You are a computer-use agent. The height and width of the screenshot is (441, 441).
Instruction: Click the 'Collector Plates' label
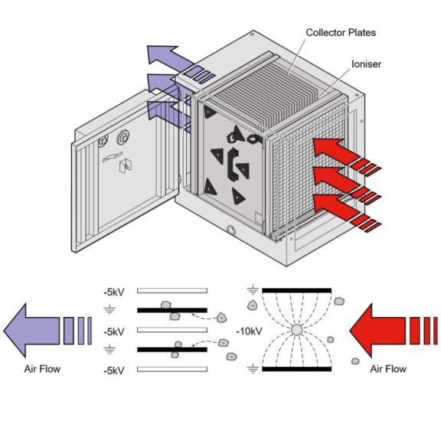pos(341,32)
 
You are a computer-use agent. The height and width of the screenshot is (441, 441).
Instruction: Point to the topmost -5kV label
pos(114,292)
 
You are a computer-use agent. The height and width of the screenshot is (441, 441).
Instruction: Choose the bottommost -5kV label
pos(114,370)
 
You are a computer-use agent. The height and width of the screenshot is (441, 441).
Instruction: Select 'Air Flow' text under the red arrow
pos(388,369)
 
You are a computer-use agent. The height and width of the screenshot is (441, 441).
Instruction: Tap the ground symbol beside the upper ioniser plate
pos(253,291)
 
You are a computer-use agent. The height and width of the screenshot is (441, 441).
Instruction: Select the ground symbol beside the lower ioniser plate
pos(253,370)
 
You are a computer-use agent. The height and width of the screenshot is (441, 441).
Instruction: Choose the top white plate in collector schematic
pos(171,292)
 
